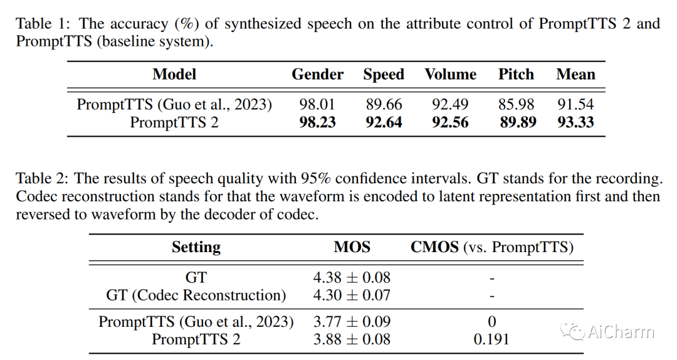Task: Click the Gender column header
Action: click(317, 75)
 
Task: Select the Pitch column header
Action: click(516, 75)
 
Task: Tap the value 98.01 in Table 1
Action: click(317, 104)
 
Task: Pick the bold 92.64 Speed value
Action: click(384, 122)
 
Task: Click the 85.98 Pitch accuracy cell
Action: click(516, 104)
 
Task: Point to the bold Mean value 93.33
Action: click(575, 122)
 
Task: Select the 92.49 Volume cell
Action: click(450, 104)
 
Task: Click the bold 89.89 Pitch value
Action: click(518, 122)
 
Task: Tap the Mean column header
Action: click(575, 75)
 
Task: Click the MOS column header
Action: click(352, 246)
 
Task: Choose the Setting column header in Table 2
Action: click(196, 247)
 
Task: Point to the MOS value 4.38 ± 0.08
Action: click(352, 277)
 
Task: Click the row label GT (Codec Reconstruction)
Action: click(196, 295)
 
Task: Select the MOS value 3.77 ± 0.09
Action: click(352, 322)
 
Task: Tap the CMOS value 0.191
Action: click(491, 339)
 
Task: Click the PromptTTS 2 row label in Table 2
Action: click(196, 339)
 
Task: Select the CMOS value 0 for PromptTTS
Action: click(492, 322)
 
